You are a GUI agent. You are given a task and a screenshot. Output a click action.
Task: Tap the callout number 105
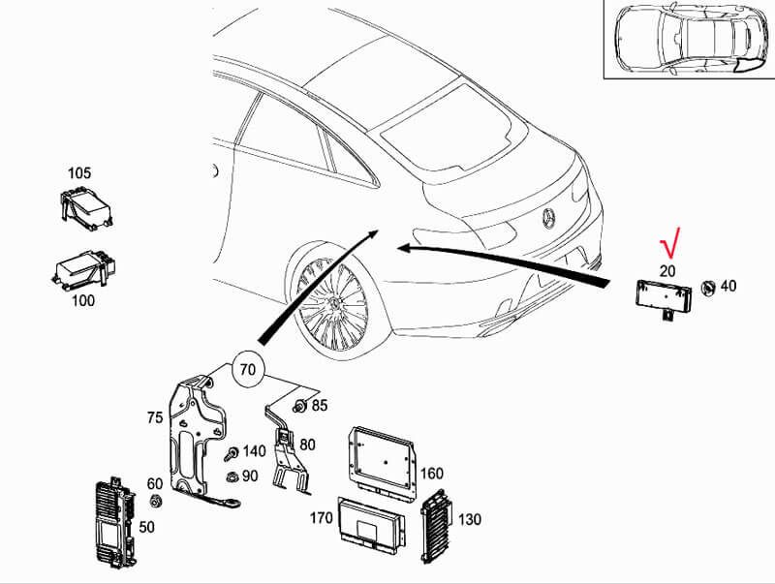[x=79, y=173]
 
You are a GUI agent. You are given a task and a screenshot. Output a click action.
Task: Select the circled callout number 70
[x=248, y=369]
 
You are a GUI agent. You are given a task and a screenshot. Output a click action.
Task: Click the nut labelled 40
[x=708, y=288]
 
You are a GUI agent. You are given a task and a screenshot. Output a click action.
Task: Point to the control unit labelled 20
[x=663, y=298]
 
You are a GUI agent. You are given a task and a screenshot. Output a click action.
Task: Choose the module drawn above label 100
[x=82, y=270]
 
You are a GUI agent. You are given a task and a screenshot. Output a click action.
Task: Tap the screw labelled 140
[x=231, y=453]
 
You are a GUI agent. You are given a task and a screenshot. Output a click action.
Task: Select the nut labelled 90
[x=231, y=476]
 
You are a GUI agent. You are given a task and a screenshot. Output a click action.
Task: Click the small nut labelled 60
[x=156, y=501]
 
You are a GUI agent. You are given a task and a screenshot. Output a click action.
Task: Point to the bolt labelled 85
[x=299, y=406]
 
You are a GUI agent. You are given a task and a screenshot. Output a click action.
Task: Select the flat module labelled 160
[x=383, y=463]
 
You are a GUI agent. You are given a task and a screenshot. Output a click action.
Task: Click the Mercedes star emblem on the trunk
[x=548, y=218]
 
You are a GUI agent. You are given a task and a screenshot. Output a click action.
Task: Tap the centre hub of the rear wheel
[x=335, y=303]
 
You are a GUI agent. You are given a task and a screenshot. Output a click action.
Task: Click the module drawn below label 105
[x=84, y=208]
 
